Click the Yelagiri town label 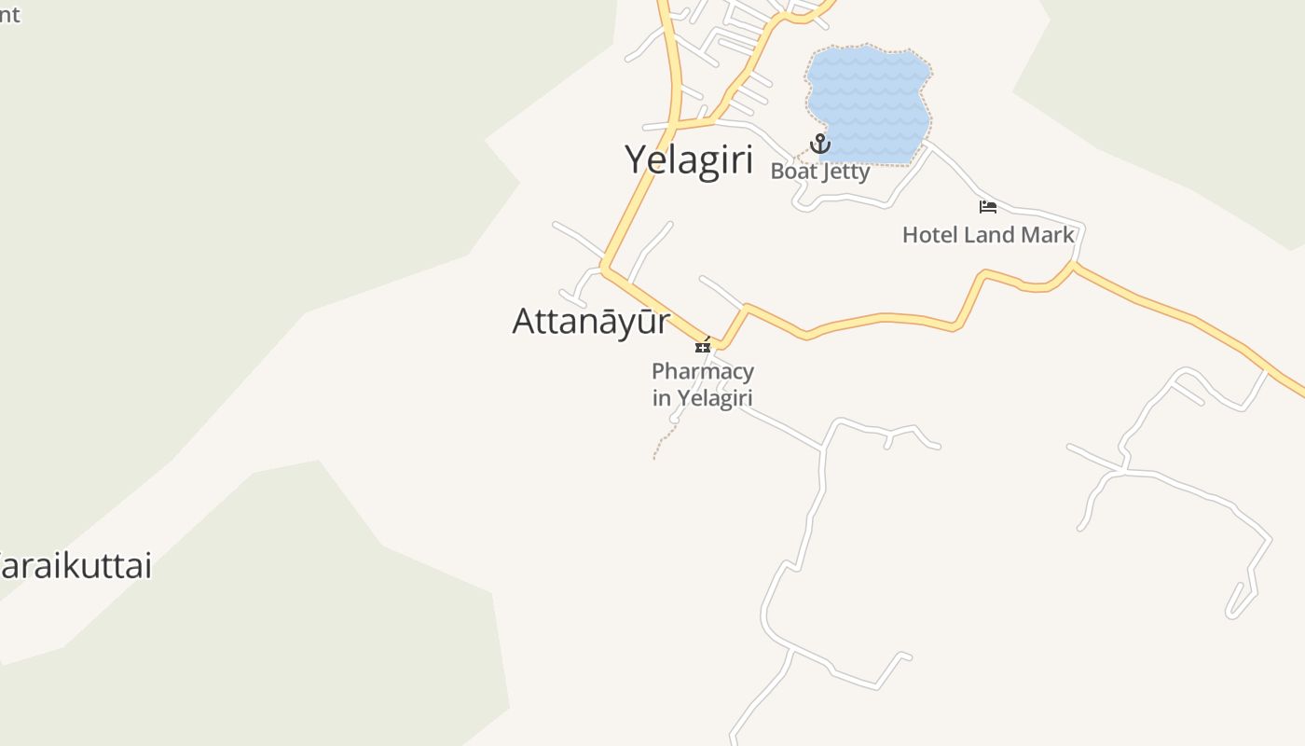[x=689, y=159]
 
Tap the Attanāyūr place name [x=591, y=321]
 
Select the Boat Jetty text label [x=819, y=172]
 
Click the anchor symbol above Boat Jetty [x=819, y=144]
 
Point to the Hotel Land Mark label [x=988, y=235]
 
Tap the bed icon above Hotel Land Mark [x=988, y=206]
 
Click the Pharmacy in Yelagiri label [x=702, y=384]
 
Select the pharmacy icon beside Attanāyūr [x=703, y=345]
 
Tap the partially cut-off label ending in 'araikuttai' [x=75, y=566]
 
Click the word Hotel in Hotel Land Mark [x=929, y=235]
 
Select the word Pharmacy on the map [x=702, y=372]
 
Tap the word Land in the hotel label [x=989, y=235]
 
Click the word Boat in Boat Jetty [x=790, y=172]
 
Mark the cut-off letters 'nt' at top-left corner [x=8, y=14]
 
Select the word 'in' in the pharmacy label [x=661, y=398]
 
